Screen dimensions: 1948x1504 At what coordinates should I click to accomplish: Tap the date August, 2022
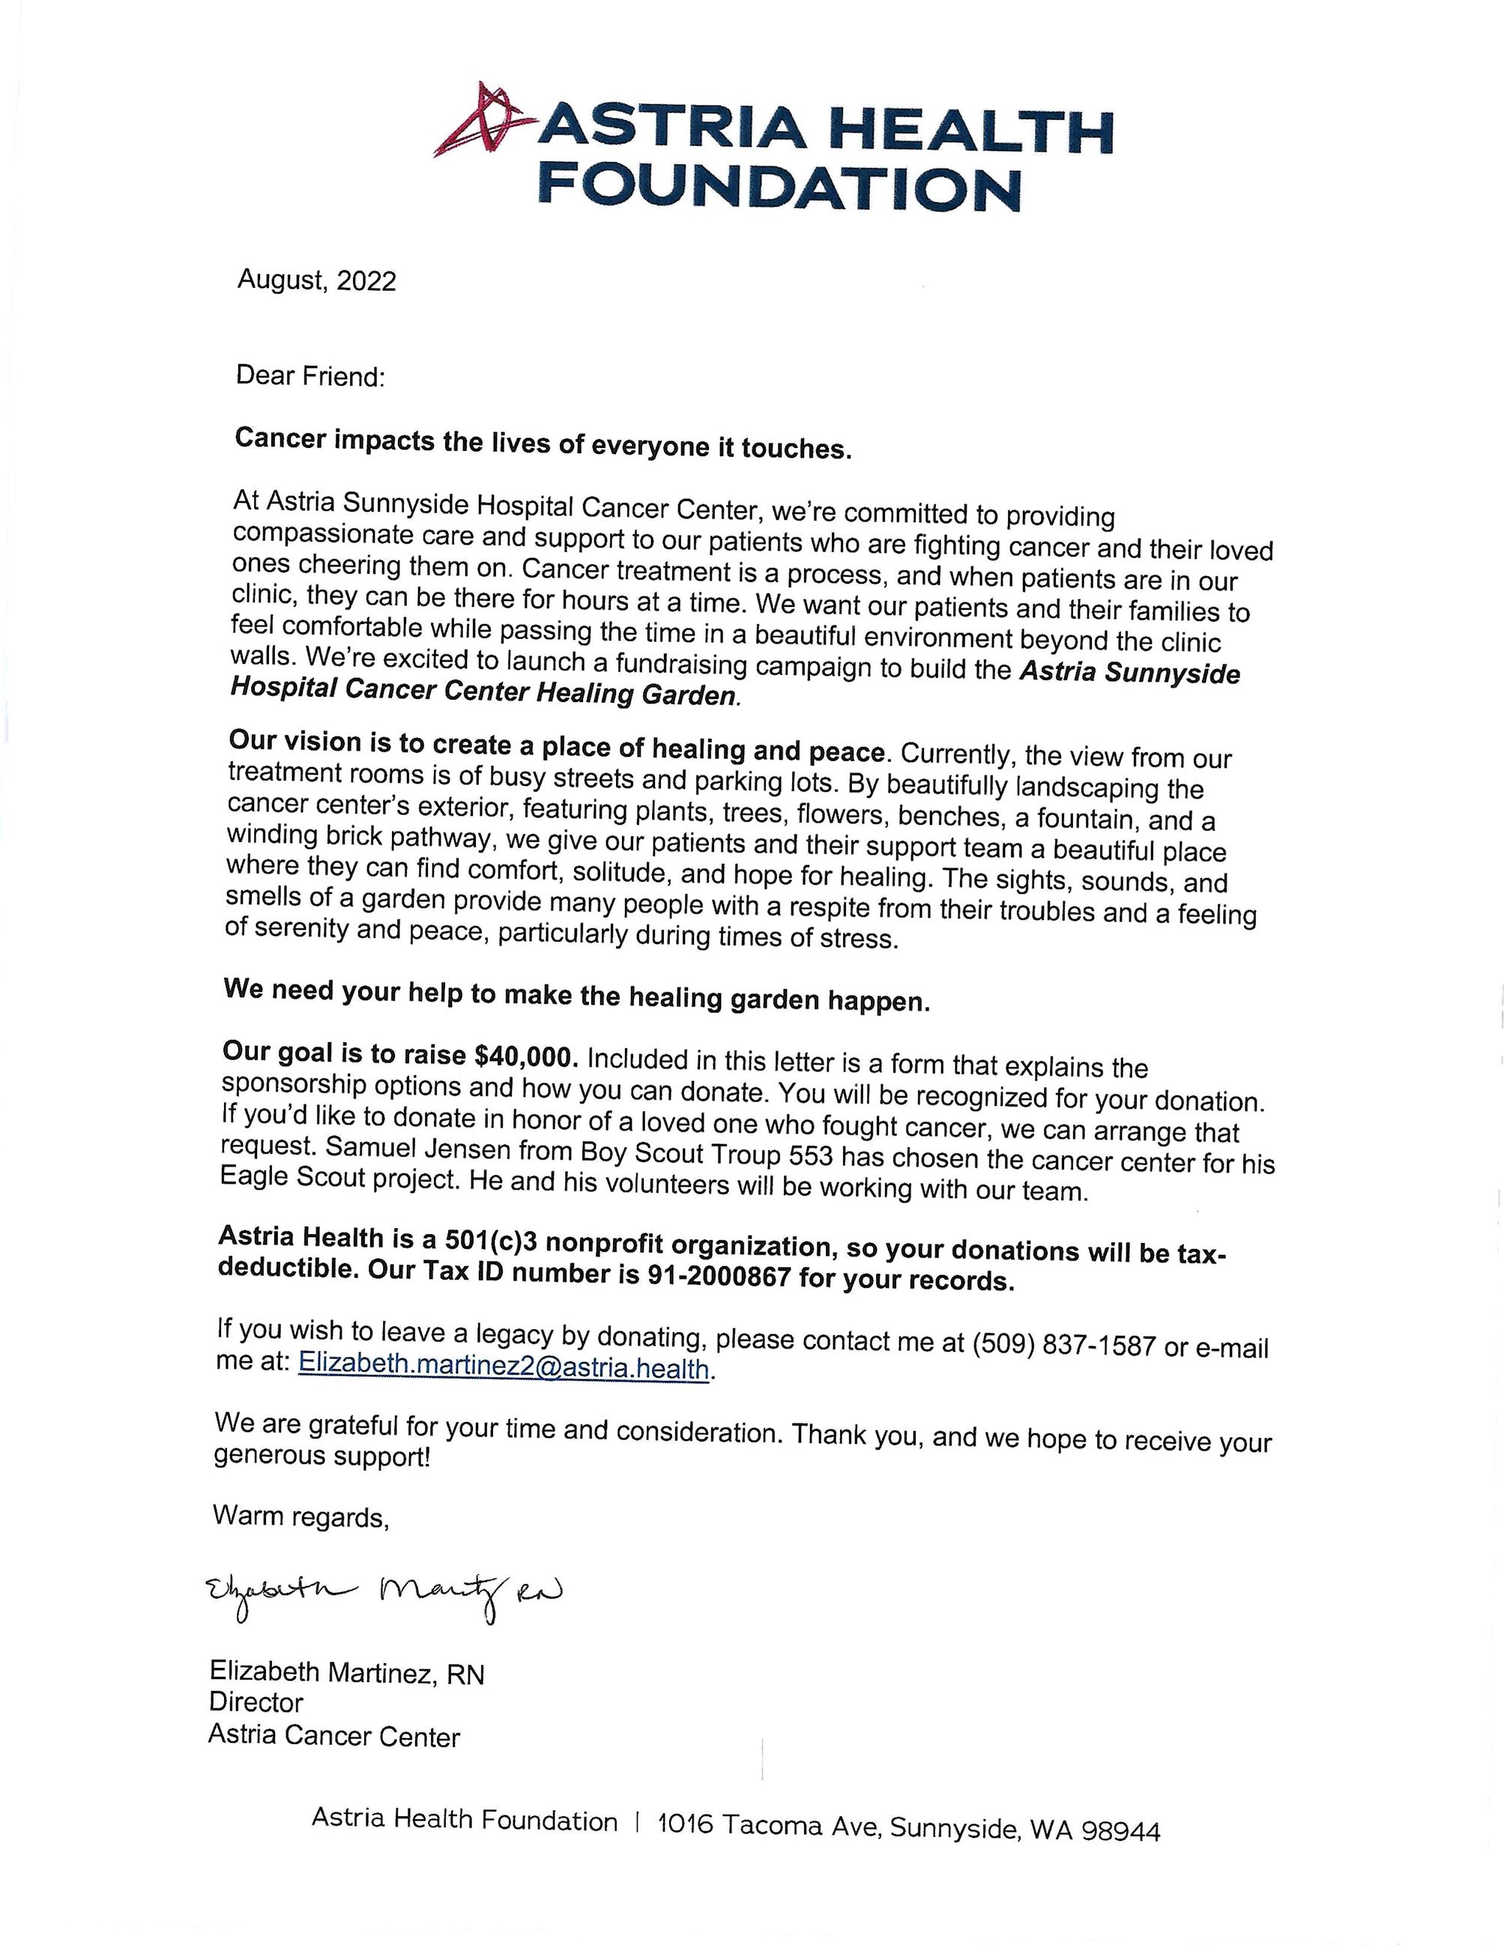317,281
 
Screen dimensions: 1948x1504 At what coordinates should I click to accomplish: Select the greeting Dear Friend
309,375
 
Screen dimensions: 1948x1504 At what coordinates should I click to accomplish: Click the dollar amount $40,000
528,1057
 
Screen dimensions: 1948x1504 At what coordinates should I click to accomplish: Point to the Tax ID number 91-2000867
718,1277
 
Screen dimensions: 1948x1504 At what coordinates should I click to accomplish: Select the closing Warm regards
301,1516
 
